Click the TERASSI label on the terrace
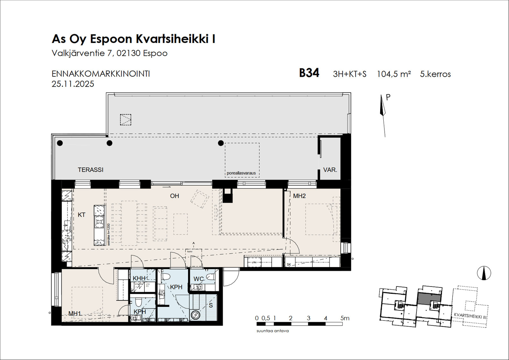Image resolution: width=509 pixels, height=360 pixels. pos(90,170)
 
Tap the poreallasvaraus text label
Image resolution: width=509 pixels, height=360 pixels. pos(241,173)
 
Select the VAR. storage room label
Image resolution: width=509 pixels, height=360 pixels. pos(330,170)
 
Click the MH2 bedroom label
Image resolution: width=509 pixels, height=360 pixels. pos(299,196)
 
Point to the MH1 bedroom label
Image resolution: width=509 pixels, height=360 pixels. pos(75,314)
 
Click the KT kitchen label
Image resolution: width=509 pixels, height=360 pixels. pos(81,215)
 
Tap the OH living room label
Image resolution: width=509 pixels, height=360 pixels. pos(174,196)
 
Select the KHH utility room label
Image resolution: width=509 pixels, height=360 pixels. pos(139,278)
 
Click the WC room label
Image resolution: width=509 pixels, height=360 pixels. pos(199,279)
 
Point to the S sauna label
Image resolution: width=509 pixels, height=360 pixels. pos(211,305)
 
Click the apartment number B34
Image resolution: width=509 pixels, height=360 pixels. pos(309,73)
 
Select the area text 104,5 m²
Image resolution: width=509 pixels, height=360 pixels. pos(394,74)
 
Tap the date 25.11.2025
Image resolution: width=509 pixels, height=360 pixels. pos(73,84)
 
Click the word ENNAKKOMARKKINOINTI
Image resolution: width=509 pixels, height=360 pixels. pos(101,74)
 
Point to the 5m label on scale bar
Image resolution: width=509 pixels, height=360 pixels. pos(345,318)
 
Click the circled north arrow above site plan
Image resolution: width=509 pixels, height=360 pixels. pos(484,273)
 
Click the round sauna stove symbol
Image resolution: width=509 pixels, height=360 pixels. pos(195,315)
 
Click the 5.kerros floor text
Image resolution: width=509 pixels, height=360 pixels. pos(435,74)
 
